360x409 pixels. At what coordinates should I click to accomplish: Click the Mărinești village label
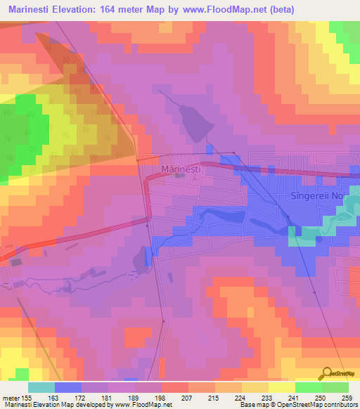181,169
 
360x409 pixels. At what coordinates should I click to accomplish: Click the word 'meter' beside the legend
9,398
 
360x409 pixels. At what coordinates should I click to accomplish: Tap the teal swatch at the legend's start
41,387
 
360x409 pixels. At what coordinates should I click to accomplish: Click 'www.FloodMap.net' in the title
218,9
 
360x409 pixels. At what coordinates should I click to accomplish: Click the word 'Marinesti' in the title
30,9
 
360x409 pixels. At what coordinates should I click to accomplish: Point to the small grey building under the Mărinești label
181,176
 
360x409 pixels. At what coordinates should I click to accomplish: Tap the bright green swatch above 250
308,387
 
